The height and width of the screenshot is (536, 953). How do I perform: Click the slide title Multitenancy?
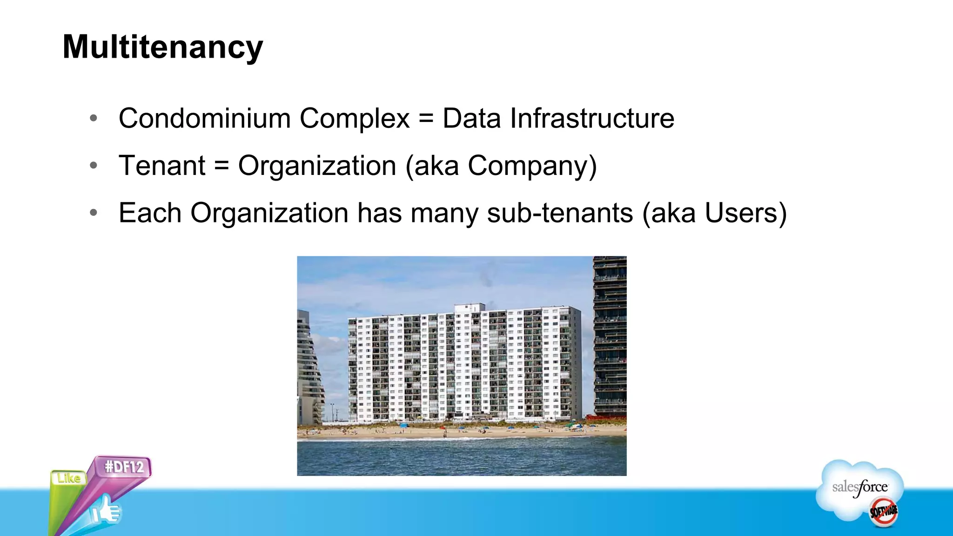pyautogui.click(x=163, y=47)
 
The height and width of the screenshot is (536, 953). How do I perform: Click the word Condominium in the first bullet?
pyautogui.click(x=204, y=118)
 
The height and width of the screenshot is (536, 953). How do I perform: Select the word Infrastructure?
pyautogui.click(x=592, y=118)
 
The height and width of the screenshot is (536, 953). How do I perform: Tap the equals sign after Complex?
pyautogui.click(x=426, y=119)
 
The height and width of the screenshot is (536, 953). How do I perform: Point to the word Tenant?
pyautogui.click(x=162, y=166)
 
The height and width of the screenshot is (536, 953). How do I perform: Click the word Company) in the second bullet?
pyautogui.click(x=532, y=167)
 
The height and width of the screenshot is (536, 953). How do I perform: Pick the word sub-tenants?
pyautogui.click(x=560, y=213)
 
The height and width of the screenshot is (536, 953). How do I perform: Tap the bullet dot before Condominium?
pyautogui.click(x=94, y=118)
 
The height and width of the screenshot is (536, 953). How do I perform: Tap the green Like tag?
pyautogui.click(x=69, y=478)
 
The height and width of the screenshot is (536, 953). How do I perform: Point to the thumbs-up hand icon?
pyautogui.click(x=106, y=510)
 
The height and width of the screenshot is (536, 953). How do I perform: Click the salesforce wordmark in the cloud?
pyautogui.click(x=859, y=487)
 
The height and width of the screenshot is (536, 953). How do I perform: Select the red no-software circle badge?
pyautogui.click(x=883, y=512)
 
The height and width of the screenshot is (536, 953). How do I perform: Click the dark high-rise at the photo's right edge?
pyautogui.click(x=610, y=335)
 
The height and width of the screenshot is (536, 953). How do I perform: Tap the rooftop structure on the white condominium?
pyautogui.click(x=469, y=308)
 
